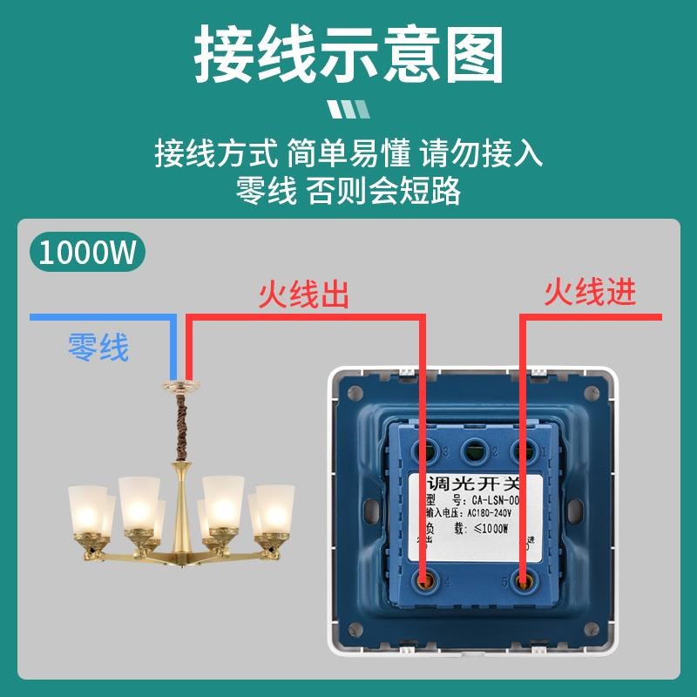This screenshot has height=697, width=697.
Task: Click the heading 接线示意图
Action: tap(348, 54)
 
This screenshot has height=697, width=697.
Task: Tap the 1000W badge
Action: tap(88, 253)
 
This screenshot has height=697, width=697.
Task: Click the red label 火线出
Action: tap(304, 295)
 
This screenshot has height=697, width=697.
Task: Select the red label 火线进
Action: tap(590, 292)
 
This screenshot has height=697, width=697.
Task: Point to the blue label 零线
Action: tap(98, 348)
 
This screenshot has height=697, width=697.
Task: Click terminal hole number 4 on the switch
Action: tap(426, 579)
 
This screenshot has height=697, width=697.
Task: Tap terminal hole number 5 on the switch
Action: tap(524, 579)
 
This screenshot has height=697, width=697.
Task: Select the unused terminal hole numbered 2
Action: tap(475, 450)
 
